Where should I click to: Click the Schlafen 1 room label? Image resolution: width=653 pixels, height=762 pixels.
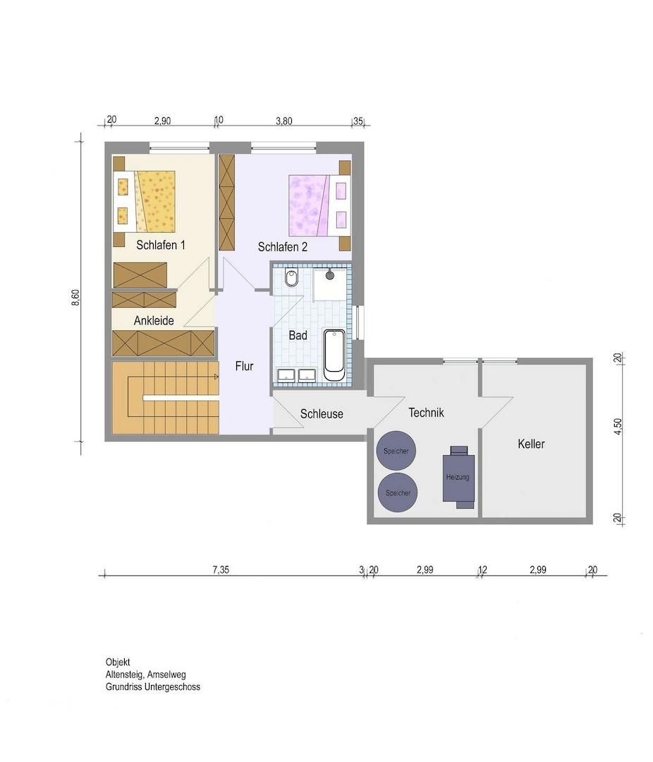coord(160,245)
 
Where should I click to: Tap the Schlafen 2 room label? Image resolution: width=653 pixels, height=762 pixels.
coord(282,247)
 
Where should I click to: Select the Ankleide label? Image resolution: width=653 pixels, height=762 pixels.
coord(154,321)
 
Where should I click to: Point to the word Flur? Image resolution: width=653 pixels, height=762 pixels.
coord(244,366)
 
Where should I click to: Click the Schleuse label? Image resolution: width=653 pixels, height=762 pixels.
coord(322,413)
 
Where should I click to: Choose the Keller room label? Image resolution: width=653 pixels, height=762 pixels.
coord(531,444)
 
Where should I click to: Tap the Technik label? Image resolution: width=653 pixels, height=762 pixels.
coord(426,413)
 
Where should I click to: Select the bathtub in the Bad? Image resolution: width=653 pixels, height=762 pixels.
coord(334,355)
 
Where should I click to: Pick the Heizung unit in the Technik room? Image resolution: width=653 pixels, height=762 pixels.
coord(458,477)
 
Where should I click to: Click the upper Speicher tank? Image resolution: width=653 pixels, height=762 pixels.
coord(396,450)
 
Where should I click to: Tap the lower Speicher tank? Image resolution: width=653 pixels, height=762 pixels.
coord(398,492)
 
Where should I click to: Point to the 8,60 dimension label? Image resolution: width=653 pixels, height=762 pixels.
coord(75,298)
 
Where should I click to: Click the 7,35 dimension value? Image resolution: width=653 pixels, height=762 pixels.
coord(221,569)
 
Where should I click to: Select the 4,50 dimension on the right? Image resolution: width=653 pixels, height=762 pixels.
coord(618,426)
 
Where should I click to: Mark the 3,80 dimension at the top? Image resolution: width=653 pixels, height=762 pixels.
coord(283,121)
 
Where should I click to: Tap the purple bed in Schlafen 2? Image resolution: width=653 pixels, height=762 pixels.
coord(319,205)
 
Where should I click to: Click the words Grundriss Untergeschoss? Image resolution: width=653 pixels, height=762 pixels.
coord(152,687)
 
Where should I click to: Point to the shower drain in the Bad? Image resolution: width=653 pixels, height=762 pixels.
coord(330,276)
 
